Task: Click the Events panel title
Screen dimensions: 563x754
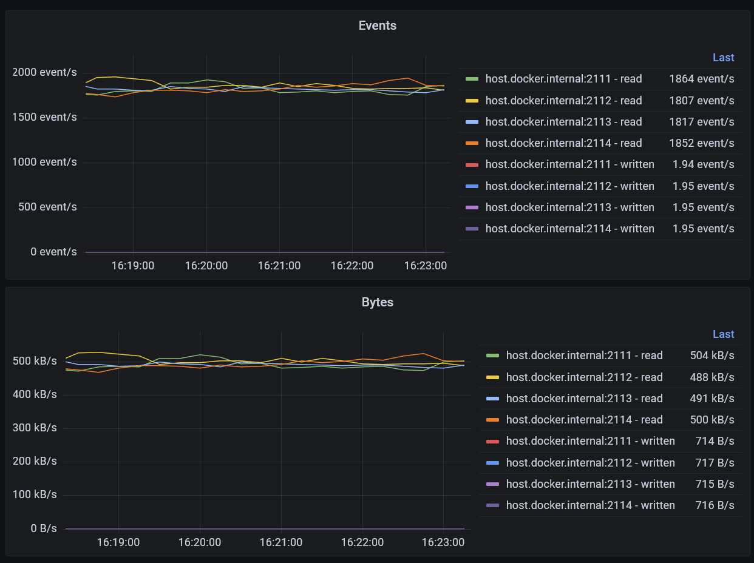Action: coord(377,25)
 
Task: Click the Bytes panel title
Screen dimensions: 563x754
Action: coord(377,302)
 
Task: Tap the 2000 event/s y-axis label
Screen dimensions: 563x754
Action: coord(45,73)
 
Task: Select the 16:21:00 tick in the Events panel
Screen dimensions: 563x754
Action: coord(279,266)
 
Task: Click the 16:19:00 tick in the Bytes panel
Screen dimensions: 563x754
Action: coord(118,542)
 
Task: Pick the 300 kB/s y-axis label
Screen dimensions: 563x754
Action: coord(35,428)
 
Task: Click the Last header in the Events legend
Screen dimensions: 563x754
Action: coord(723,58)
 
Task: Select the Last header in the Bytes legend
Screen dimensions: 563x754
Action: coord(723,334)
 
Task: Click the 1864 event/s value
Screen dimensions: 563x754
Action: coord(701,79)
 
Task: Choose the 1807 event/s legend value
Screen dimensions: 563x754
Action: coord(701,101)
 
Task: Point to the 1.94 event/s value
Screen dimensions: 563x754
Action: coord(703,164)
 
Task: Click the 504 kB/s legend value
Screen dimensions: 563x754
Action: coord(712,356)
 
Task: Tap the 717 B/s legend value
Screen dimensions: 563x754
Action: coord(715,463)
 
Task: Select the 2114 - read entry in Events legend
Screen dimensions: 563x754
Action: coord(563,143)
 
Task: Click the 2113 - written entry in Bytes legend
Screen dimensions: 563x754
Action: coord(590,484)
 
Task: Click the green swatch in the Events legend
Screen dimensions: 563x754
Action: coord(472,79)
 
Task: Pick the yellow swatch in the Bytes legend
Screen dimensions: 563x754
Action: coord(492,377)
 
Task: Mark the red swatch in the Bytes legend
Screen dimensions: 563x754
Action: coord(492,441)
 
